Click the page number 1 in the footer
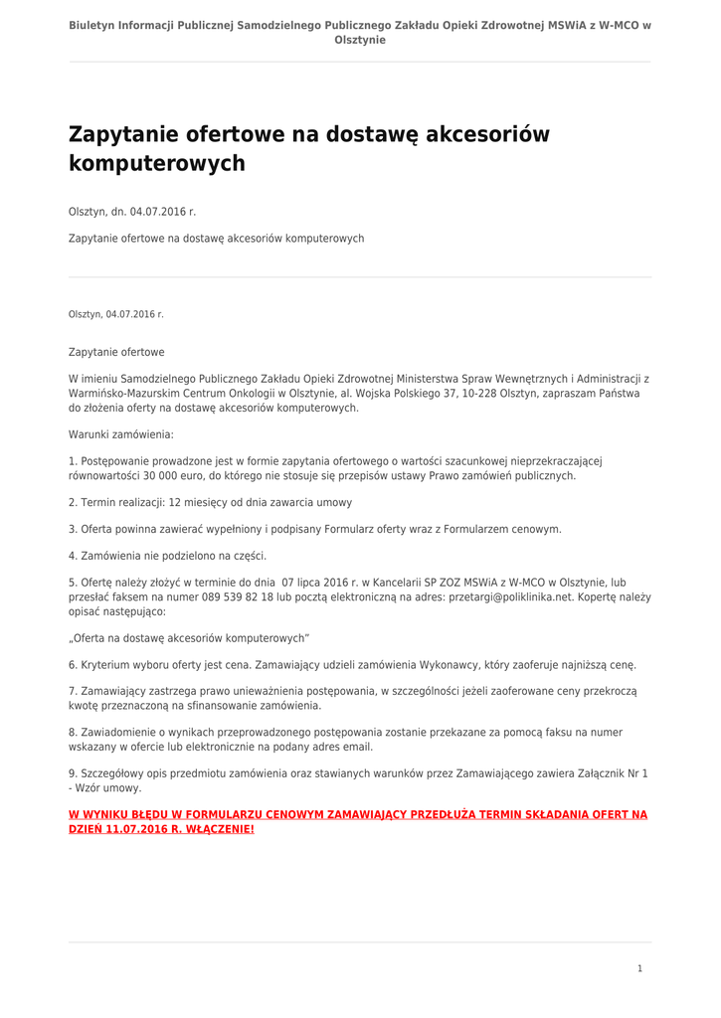click(639, 968)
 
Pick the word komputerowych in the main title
click(156, 164)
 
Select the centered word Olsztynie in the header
click(360, 40)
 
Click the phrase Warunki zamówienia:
click(121, 434)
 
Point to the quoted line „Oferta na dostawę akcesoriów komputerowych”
click(189, 637)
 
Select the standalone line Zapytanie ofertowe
click(116, 352)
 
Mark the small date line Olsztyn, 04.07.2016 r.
click(116, 314)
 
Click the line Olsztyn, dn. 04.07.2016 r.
click(132, 212)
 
